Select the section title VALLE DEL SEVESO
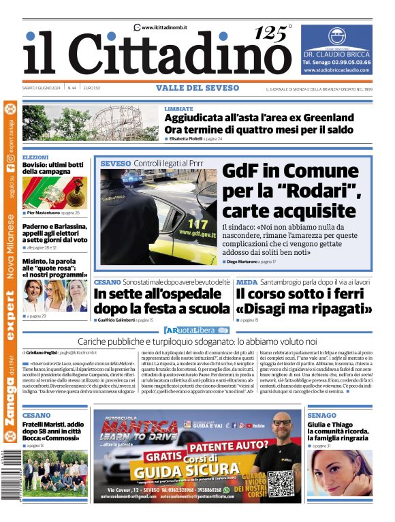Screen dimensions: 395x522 [197, 88]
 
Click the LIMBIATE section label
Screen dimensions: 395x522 [178, 108]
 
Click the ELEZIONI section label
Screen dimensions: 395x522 [35, 157]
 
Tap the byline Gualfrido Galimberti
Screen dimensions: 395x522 [117, 320]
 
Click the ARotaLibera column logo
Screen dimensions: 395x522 [195, 330]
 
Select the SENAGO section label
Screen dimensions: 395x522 [321, 415]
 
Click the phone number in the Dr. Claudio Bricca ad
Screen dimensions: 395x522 [337, 61]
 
